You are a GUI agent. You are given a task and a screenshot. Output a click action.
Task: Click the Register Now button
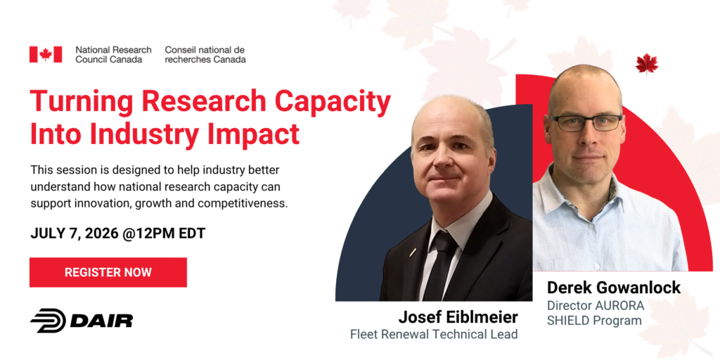click(x=108, y=272)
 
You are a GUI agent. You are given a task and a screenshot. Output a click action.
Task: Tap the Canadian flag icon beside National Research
click(x=46, y=54)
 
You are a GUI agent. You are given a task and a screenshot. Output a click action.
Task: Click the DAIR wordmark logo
click(x=82, y=320)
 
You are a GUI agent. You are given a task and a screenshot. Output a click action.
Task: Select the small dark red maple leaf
click(x=647, y=63)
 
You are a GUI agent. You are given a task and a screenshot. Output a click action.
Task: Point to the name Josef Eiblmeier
click(x=458, y=317)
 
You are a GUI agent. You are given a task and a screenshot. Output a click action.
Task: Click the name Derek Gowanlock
click(x=613, y=288)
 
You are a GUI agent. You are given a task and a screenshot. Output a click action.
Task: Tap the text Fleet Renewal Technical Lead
click(x=434, y=334)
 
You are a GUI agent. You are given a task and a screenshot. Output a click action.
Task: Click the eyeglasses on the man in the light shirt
click(x=586, y=122)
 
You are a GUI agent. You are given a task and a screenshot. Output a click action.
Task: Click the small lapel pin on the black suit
click(x=413, y=252)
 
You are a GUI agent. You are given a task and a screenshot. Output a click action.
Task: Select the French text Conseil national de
click(x=205, y=50)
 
